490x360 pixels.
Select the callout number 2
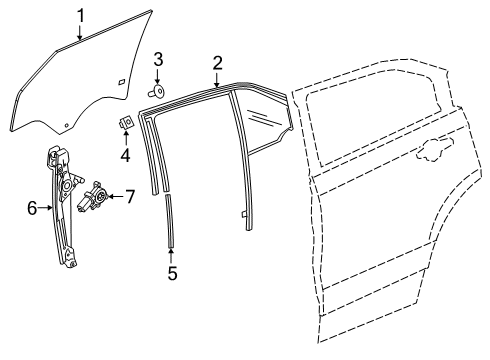pos(216,63)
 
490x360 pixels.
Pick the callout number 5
pos(172,272)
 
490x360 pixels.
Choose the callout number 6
pos(32,208)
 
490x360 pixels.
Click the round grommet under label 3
pos(157,90)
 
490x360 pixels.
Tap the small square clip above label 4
pos(127,123)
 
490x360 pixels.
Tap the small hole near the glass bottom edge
pos(68,124)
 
